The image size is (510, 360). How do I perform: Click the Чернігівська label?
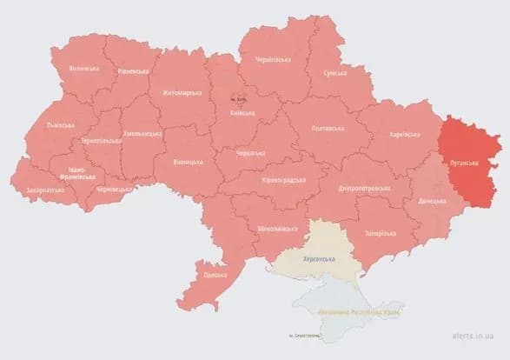pyautogui.click(x=273, y=62)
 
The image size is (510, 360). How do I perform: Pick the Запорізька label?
pyautogui.click(x=380, y=234)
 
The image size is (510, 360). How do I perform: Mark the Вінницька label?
pyautogui.click(x=188, y=162)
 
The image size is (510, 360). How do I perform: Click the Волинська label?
pyautogui.click(x=83, y=68)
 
